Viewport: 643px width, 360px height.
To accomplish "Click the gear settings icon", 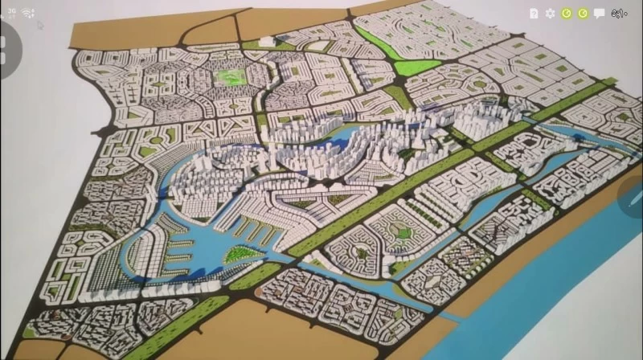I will pyautogui.click(x=550, y=13).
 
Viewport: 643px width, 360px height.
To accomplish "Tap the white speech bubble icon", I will pyautogui.click(x=599, y=13).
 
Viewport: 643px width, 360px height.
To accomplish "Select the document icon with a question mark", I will pyautogui.click(x=534, y=13).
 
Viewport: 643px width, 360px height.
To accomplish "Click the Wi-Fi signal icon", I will pyautogui.click(x=27, y=13).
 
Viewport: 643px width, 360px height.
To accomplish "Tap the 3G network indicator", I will pyautogui.click(x=11, y=12).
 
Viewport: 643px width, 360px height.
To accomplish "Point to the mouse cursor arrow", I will pyautogui.click(x=39, y=23).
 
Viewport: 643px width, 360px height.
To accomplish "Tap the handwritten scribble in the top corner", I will pyautogui.click(x=620, y=13).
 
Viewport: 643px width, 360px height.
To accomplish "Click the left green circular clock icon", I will pyautogui.click(x=567, y=13).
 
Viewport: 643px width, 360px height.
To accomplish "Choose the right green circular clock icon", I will pyautogui.click(x=583, y=13).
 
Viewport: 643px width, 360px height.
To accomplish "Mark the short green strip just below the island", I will pyautogui.click(x=255, y=276).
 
